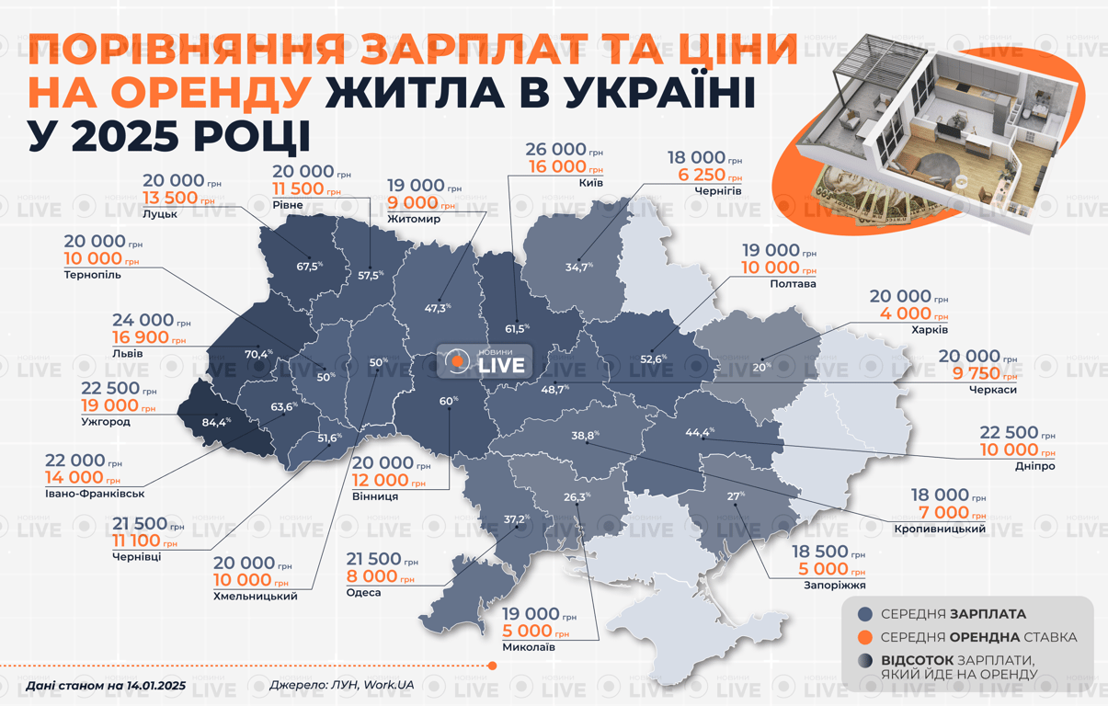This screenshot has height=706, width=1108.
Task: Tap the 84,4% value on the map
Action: click(216, 423)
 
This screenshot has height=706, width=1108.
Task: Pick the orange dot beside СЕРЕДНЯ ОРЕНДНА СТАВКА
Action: click(864, 637)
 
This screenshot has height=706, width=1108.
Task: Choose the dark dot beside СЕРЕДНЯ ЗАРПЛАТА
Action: click(864, 614)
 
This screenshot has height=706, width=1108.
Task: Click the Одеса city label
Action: click(364, 593)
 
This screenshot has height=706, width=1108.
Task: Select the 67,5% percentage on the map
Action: click(310, 266)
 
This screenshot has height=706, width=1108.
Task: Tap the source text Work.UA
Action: click(389, 685)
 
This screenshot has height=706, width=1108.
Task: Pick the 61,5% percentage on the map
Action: click(518, 328)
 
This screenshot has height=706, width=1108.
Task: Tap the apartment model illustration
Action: click(920, 129)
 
